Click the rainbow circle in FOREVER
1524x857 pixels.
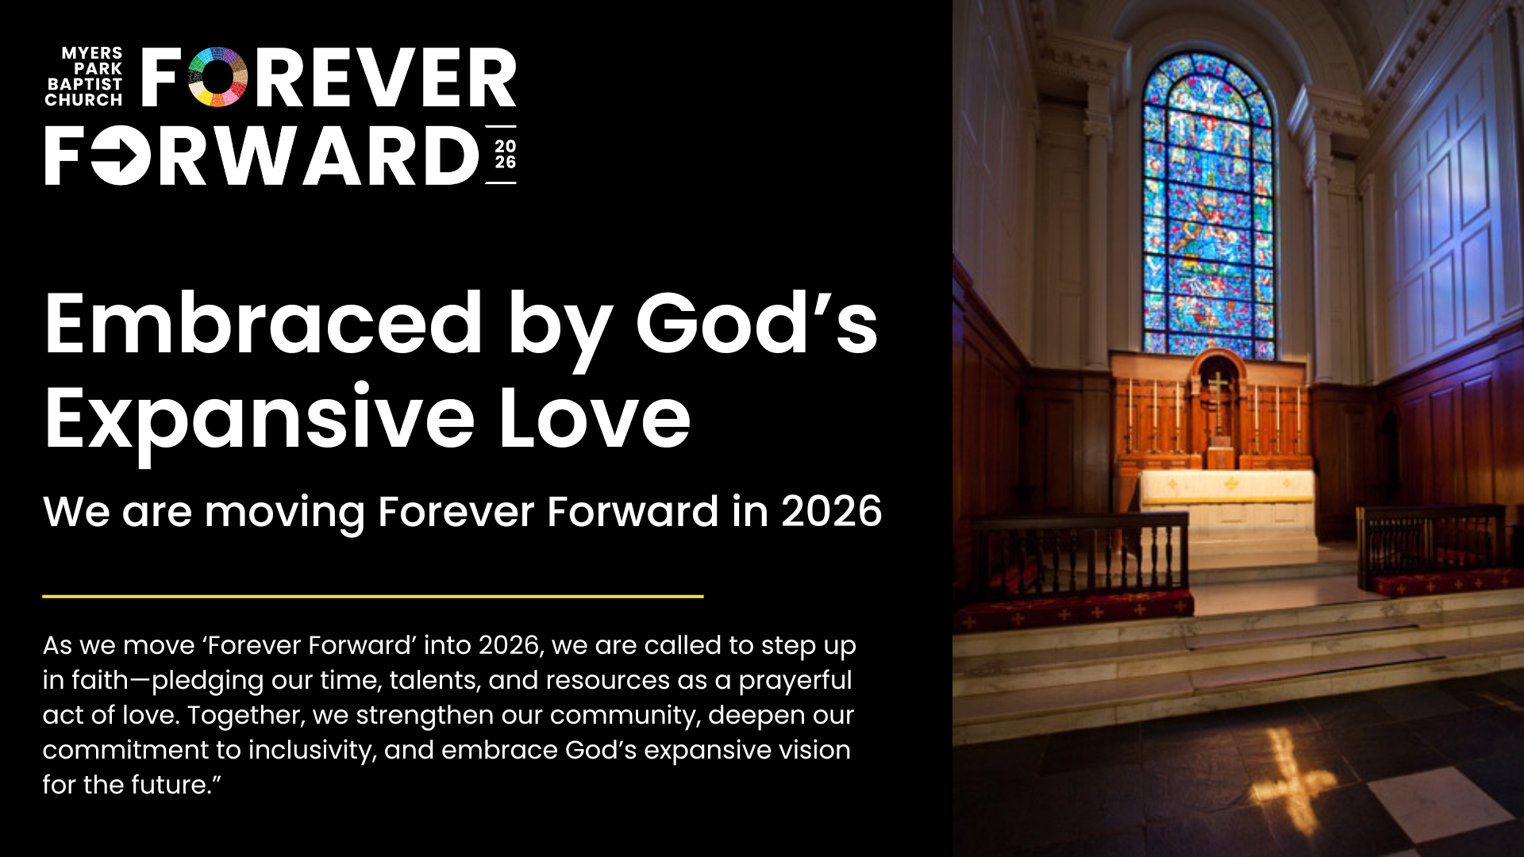click(x=217, y=77)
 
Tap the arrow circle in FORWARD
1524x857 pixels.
click(x=121, y=155)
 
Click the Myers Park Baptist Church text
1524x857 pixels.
click(x=83, y=76)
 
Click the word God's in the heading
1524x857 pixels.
click(x=756, y=323)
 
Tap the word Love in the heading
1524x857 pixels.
click(x=595, y=417)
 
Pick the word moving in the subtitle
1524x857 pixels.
click(x=285, y=513)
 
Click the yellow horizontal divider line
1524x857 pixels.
click(x=373, y=595)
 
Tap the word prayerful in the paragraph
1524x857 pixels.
click(x=795, y=681)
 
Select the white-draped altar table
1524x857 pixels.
click(x=1227, y=508)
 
